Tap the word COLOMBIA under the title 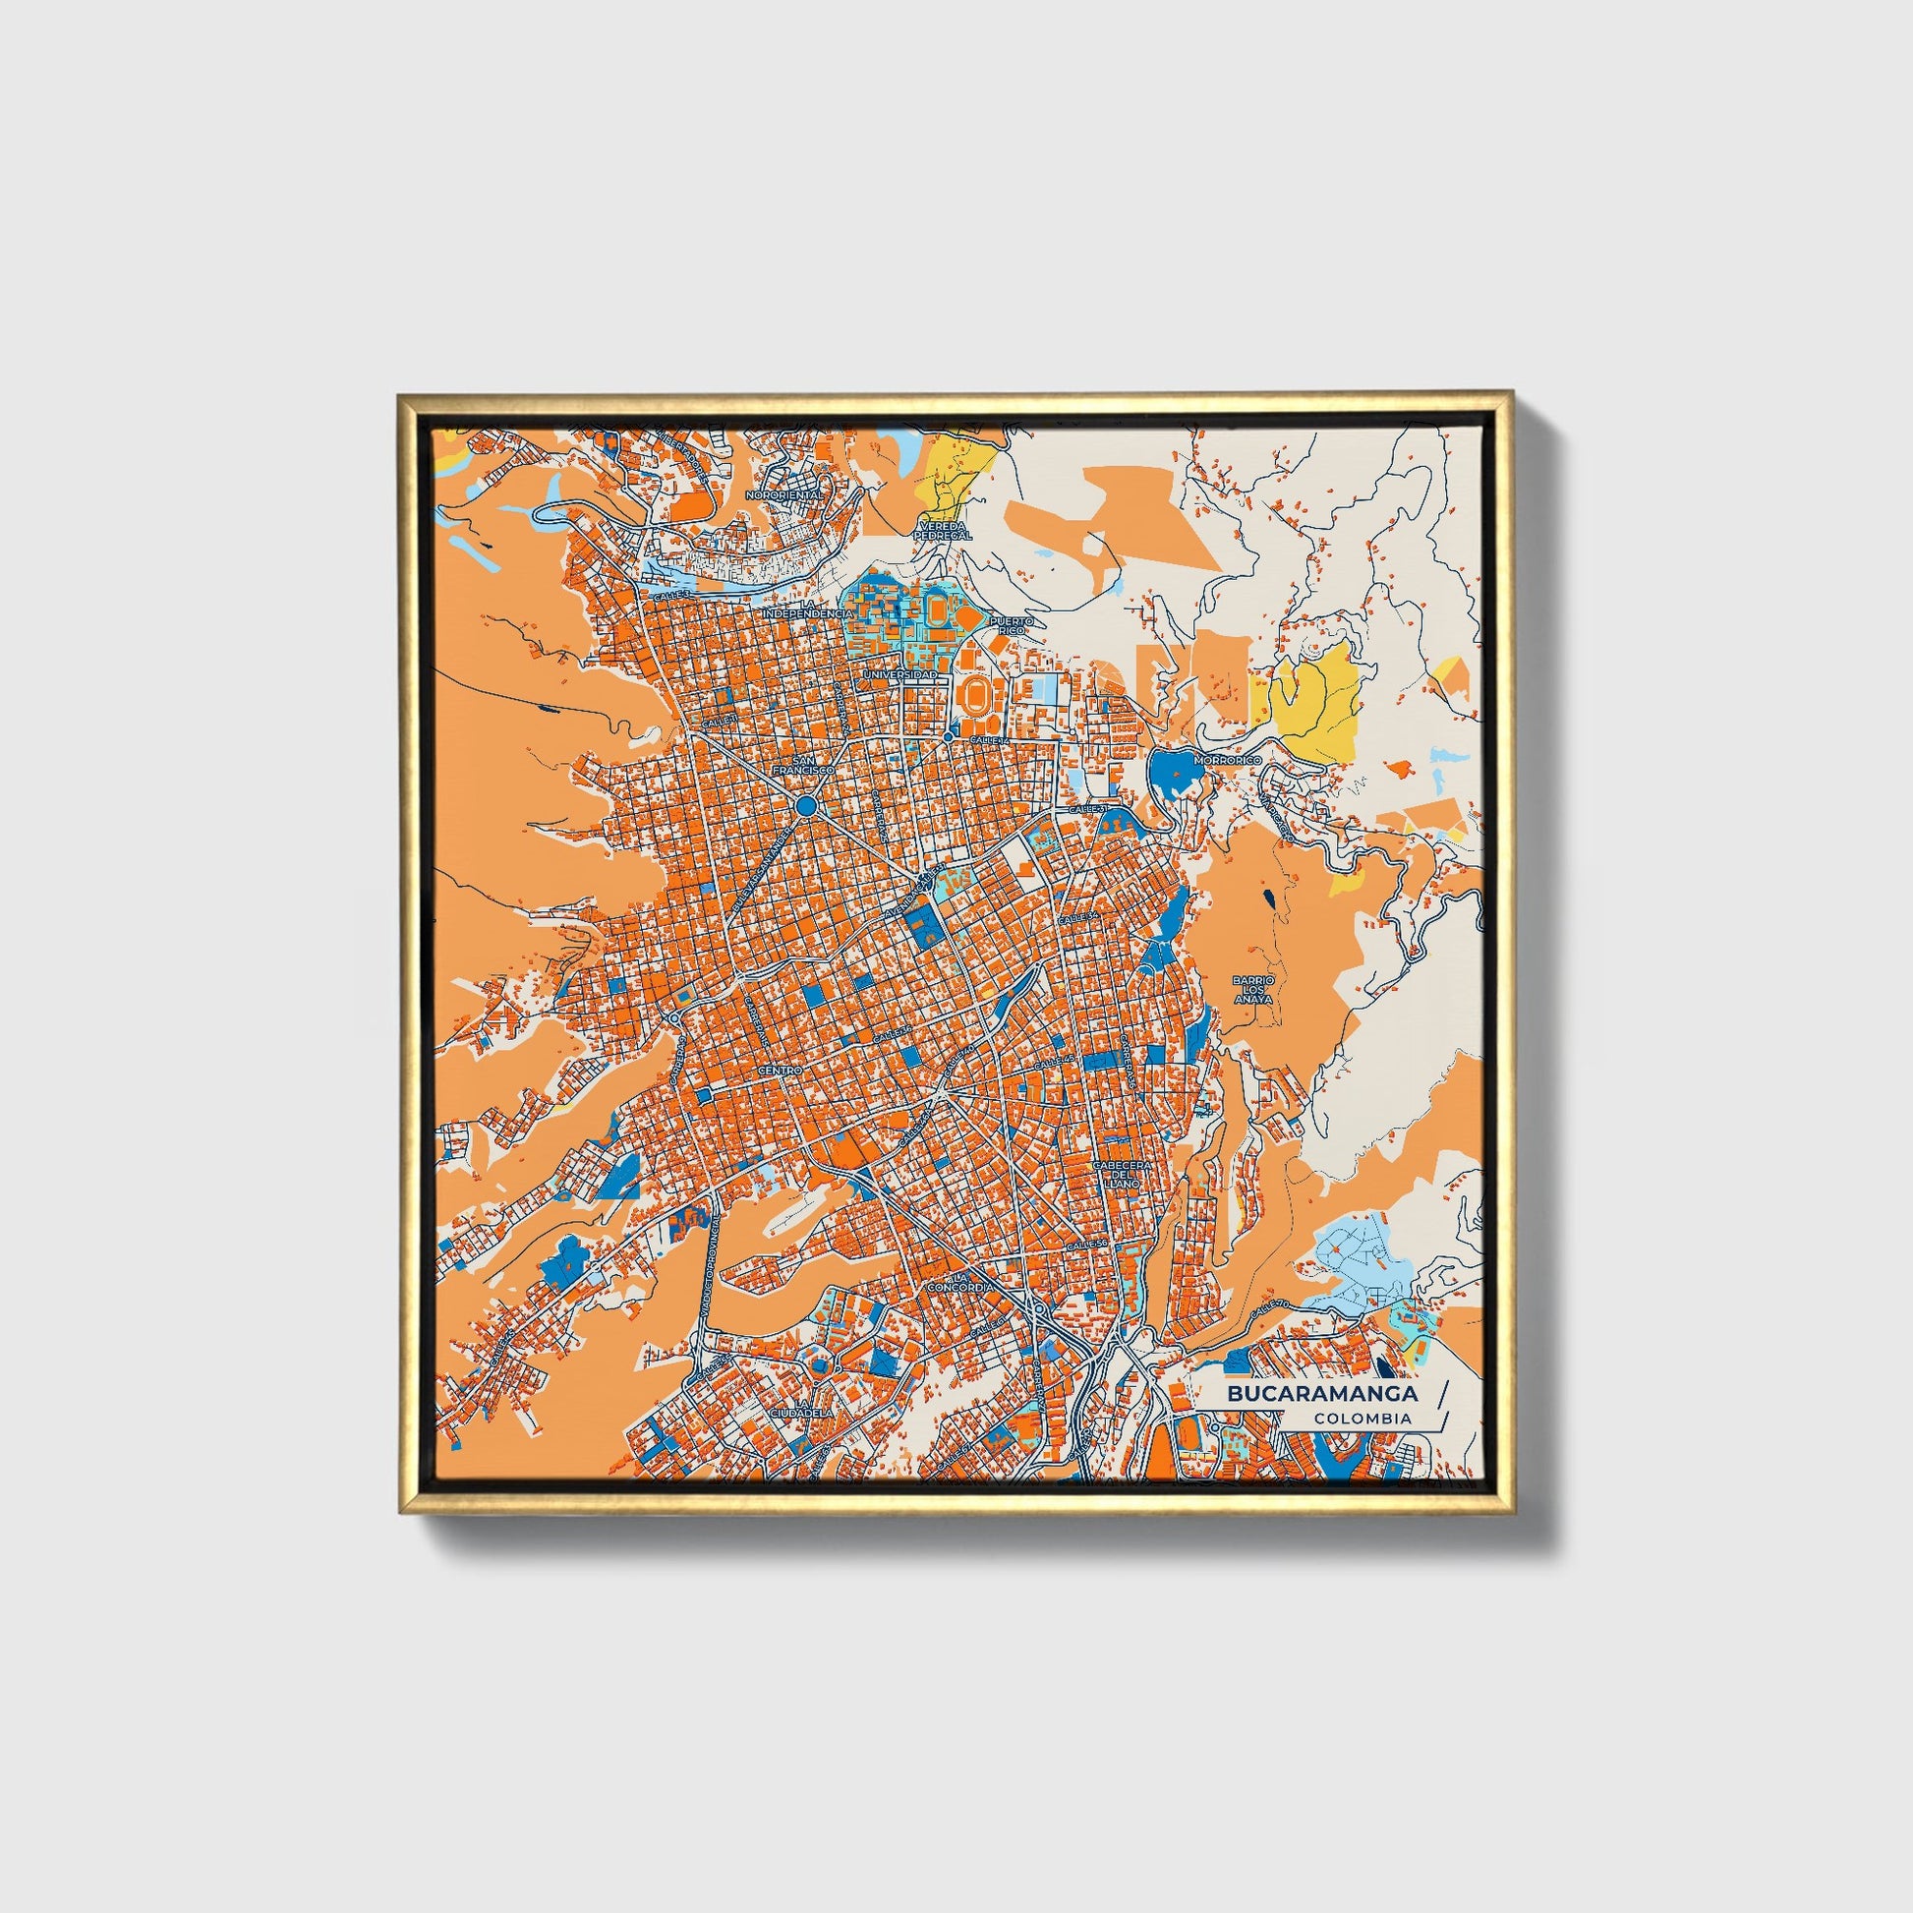[1362, 1418]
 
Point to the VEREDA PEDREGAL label [945, 530]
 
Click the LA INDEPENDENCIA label [806, 608]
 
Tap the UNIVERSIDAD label [899, 674]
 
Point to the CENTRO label [778, 1072]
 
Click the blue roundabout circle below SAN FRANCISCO [806, 807]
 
